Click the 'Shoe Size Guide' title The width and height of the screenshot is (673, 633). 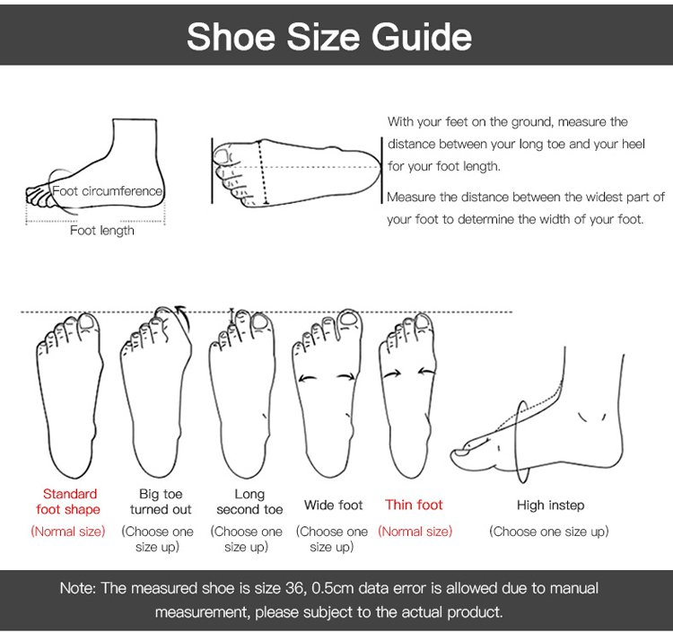(x=329, y=37)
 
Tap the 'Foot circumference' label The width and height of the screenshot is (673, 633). (x=108, y=190)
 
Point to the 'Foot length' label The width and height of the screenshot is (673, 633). (x=102, y=231)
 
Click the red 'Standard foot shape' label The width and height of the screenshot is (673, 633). (x=69, y=502)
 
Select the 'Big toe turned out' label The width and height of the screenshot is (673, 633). (x=161, y=502)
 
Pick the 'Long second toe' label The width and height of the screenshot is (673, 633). (x=249, y=502)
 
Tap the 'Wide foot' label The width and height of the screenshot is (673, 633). (x=334, y=505)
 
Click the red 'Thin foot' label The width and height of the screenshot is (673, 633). (x=414, y=505)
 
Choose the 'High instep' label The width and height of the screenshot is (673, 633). (x=551, y=506)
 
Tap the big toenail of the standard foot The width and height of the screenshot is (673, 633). (x=87, y=323)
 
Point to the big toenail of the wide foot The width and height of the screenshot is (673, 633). (x=347, y=318)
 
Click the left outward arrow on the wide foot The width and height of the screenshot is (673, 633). (x=307, y=378)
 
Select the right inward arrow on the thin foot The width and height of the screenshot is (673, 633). (x=427, y=372)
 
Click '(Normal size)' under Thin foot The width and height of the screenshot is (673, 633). (x=415, y=532)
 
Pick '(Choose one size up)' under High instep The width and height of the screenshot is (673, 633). (x=549, y=532)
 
